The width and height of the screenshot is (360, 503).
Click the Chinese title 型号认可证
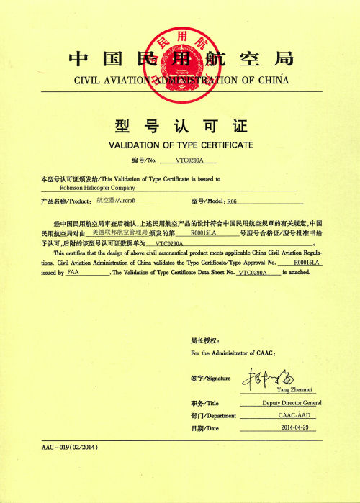(180, 126)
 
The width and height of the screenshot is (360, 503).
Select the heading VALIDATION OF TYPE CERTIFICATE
(180, 145)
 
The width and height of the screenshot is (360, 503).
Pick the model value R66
(231, 201)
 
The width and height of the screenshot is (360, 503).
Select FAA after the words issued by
(73, 273)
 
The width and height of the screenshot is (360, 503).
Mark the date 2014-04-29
(294, 428)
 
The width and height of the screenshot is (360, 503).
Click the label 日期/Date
(204, 429)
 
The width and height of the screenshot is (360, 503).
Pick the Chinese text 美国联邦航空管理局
(120, 233)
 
